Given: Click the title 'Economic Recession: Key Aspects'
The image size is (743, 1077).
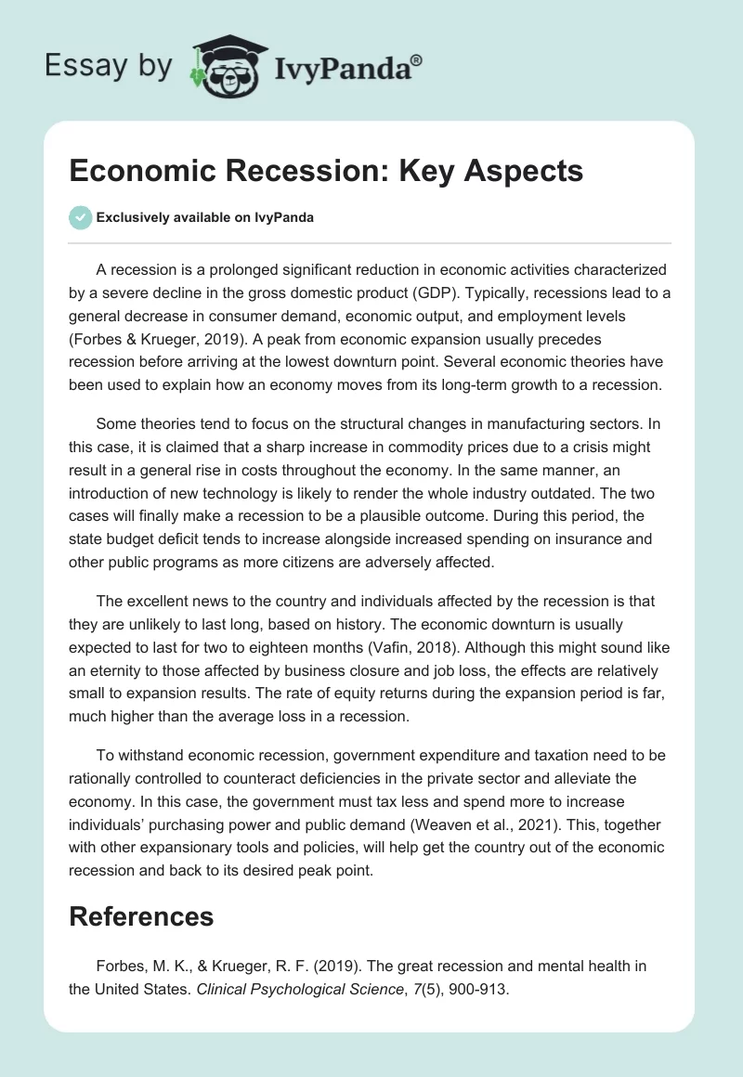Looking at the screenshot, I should pyautogui.click(x=326, y=171).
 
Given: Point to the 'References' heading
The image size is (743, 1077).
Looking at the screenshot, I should pyautogui.click(x=141, y=917).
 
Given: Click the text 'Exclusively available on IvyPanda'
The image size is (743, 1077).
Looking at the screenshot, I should pyautogui.click(x=204, y=218).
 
